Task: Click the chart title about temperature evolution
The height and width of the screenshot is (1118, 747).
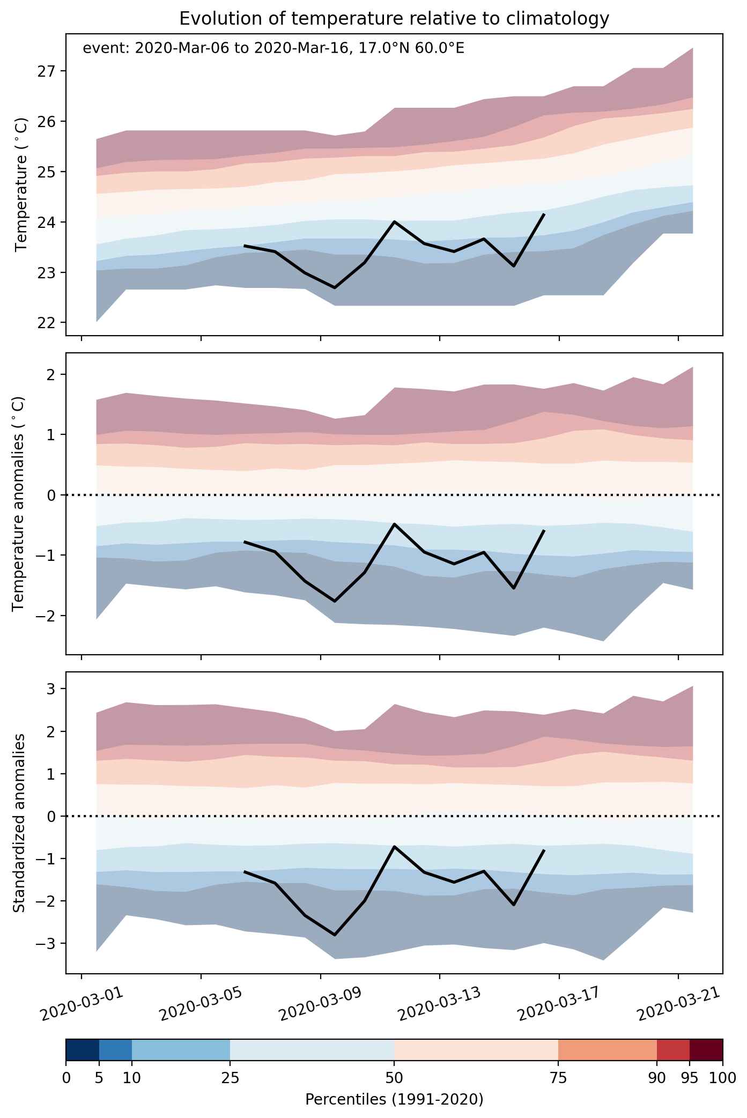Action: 394,19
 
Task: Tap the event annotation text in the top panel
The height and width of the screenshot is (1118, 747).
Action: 273,49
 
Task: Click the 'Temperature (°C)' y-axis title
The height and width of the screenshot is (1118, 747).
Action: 21,184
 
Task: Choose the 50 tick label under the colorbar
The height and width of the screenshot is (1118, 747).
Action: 394,1078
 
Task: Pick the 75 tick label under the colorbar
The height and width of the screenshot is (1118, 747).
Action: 559,1078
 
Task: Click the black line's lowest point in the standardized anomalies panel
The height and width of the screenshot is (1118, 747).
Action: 335,935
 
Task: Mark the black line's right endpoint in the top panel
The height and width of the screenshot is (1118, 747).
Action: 545,213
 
